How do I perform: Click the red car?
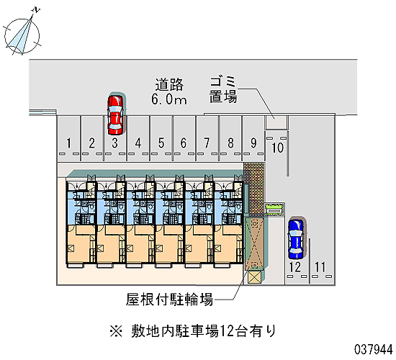(x=115, y=115)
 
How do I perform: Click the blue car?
(x=296, y=239)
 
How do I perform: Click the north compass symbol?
(x=22, y=33)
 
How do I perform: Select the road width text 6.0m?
(x=169, y=99)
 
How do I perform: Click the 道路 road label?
(x=169, y=85)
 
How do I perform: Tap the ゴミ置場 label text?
(x=223, y=89)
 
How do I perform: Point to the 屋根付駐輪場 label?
(x=169, y=300)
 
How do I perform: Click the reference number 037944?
(x=373, y=350)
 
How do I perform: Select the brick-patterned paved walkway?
(x=254, y=189)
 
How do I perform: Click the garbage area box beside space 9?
(x=276, y=123)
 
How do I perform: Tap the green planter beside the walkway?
(x=274, y=210)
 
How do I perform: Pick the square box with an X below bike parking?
(x=255, y=277)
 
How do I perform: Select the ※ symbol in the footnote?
(x=116, y=331)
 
